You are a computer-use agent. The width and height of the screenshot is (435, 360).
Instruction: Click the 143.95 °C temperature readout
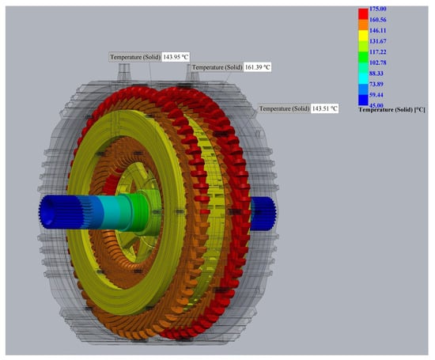(176, 57)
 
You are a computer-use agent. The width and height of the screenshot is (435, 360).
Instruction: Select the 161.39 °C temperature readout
(258, 67)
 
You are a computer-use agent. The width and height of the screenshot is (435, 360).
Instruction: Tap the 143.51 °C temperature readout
(324, 108)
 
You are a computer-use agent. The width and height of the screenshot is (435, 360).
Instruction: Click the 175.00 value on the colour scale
(377, 9)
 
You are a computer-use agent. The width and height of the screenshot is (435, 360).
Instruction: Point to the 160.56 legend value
(377, 20)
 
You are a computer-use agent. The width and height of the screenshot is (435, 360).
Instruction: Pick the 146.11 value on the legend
(377, 30)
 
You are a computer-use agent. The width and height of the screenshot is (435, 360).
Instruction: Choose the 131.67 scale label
(377, 41)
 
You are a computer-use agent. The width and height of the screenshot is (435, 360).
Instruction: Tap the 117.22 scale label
(377, 52)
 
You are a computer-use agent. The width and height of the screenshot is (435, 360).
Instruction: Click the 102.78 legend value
(377, 63)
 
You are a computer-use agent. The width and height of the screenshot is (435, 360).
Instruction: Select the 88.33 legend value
(376, 74)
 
